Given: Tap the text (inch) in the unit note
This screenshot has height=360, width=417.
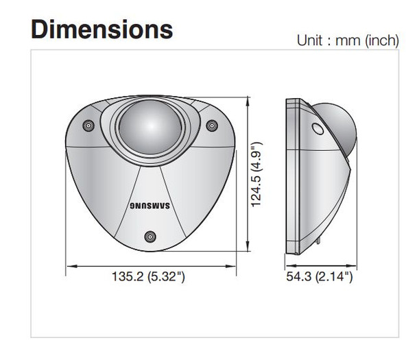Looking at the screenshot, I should (379, 40).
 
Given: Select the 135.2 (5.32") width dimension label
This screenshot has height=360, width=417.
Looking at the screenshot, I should (149, 277).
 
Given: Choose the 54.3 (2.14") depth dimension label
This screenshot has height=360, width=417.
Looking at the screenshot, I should (319, 277).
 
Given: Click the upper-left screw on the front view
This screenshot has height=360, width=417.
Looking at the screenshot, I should (88, 125).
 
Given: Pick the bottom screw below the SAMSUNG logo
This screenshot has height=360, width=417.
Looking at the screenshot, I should (149, 237).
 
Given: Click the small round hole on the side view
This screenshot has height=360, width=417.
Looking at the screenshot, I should (318, 129).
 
